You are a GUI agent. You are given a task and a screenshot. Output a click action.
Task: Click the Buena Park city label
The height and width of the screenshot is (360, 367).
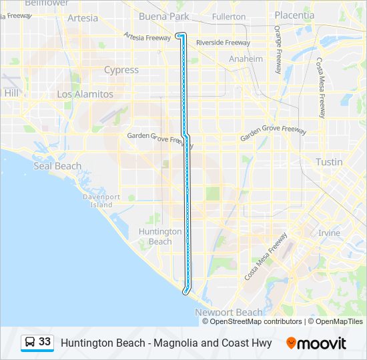[x=163, y=17]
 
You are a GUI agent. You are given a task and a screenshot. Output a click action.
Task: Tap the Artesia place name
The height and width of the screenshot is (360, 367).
[x=83, y=18]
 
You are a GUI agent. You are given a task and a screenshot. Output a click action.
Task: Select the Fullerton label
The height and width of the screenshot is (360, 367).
[x=228, y=16]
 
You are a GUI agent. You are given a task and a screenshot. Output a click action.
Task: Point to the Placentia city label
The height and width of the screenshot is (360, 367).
[x=294, y=15]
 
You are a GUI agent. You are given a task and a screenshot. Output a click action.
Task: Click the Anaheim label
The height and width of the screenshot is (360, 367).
[x=246, y=59]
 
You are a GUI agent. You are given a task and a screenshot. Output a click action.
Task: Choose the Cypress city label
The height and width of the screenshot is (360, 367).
[x=121, y=70]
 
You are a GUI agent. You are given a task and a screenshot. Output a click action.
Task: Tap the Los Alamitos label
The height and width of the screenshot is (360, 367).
[x=85, y=95]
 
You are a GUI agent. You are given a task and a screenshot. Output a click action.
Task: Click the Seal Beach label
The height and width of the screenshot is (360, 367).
[x=57, y=166]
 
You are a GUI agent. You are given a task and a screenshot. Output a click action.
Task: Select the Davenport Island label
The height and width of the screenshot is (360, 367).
[x=101, y=201]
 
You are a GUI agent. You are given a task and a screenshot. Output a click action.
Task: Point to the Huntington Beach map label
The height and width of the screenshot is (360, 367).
[x=160, y=236]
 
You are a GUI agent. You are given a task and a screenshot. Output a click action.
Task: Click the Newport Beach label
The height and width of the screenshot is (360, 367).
[x=228, y=312]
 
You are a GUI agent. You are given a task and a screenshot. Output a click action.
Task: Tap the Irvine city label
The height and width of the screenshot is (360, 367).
[x=329, y=233]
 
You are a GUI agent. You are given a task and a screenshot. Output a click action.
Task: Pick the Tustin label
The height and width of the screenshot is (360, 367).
[x=329, y=162]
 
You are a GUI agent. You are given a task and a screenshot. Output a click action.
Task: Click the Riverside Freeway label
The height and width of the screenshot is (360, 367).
[x=223, y=43]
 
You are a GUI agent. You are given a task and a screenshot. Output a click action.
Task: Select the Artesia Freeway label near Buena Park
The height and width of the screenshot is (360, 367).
[x=148, y=37]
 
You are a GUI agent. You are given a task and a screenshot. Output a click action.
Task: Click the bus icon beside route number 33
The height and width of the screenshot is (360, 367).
[x=30, y=342]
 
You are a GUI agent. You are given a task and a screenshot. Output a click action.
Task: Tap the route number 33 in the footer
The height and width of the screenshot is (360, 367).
[x=45, y=342]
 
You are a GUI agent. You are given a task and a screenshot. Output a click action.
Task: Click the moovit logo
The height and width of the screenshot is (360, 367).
[x=316, y=343]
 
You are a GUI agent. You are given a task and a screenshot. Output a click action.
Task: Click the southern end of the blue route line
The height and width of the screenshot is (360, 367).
[x=185, y=291]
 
